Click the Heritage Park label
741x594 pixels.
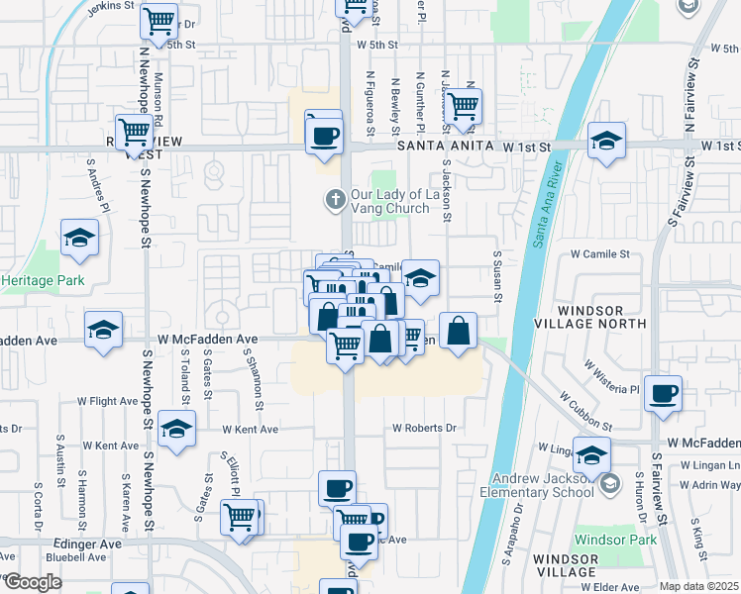click(43, 280)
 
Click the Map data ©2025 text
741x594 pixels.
click(698, 587)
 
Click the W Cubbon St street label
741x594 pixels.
click(585, 409)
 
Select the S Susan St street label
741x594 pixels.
click(497, 277)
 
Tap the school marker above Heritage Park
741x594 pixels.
click(79, 238)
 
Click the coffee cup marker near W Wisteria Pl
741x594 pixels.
click(663, 393)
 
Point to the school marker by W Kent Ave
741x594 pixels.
click(176, 428)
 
